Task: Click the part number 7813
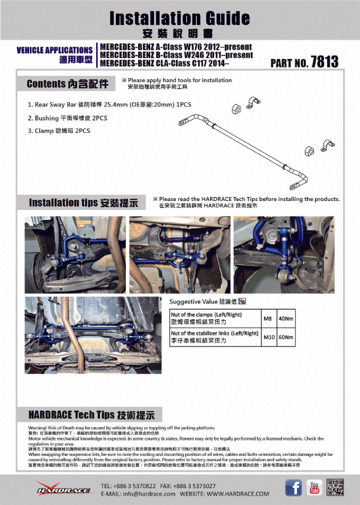325,61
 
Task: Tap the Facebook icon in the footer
294,488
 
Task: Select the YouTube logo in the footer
314,487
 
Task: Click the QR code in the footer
335,487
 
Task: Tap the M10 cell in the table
269,338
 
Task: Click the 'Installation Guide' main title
179,19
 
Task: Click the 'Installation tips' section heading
83,203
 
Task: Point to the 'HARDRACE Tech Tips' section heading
91,415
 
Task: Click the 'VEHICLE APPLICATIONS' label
54,50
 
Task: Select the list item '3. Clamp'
59,131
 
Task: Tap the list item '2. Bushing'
67,118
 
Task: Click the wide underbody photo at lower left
93,329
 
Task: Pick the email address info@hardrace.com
138,494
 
